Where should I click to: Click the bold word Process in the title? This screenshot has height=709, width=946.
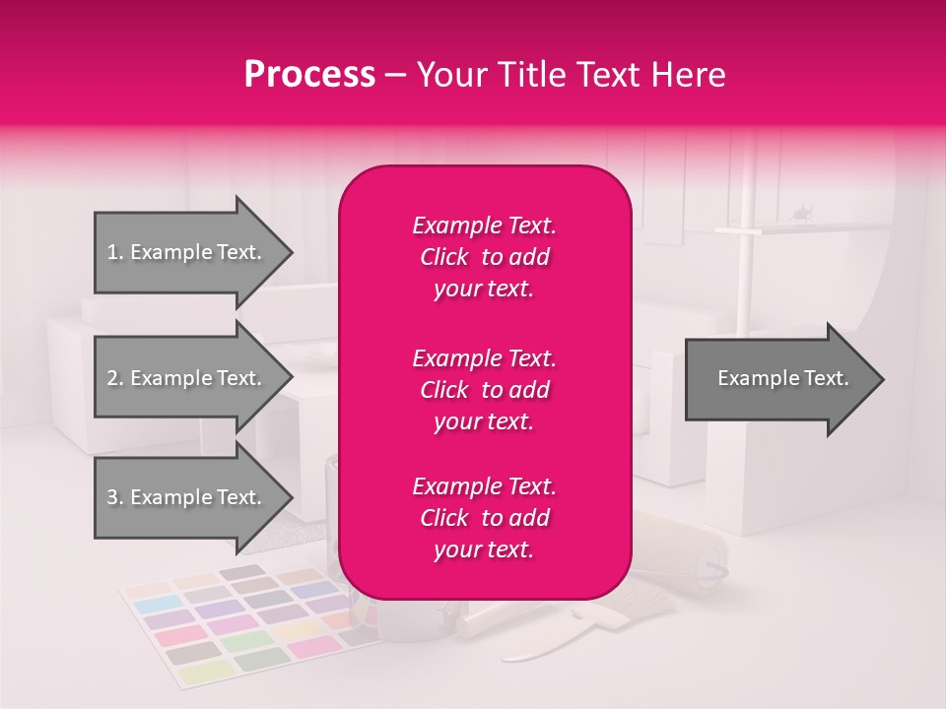click(x=309, y=75)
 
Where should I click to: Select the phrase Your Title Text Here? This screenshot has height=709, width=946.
click(x=571, y=75)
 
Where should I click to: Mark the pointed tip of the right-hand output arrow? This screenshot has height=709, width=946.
click(x=882, y=379)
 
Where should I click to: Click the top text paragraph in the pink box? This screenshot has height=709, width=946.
click(x=484, y=257)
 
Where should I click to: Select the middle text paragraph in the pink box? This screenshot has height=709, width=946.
click(x=484, y=389)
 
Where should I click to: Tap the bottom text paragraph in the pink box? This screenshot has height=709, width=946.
click(x=484, y=517)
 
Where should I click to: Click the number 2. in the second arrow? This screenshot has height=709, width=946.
click(x=115, y=378)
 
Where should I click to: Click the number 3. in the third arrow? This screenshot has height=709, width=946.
click(x=115, y=497)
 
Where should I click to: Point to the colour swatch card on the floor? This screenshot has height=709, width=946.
click(x=236, y=625)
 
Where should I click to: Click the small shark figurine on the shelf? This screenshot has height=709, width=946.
click(x=802, y=211)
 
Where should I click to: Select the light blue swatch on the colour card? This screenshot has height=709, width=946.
click(x=165, y=604)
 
